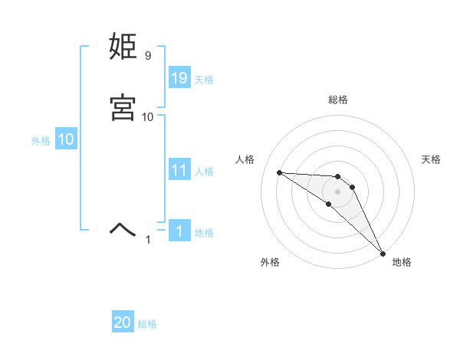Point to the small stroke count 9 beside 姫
pyautogui.click(x=147, y=56)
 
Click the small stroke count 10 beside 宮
pyautogui.click(x=148, y=116)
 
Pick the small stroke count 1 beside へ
pyautogui.click(x=148, y=240)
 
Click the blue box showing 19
pyautogui.click(x=179, y=77)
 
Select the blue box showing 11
pyautogui.click(x=179, y=170)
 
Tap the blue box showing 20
pyautogui.click(x=123, y=322)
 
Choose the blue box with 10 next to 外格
pyautogui.click(x=65, y=139)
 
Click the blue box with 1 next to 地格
pyautogui.click(x=179, y=231)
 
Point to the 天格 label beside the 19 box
pyautogui.click(x=204, y=79)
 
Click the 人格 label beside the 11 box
pyautogui.click(x=204, y=172)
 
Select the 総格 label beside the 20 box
pyautogui.click(x=147, y=324)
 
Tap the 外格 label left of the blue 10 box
pyautogui.click(x=41, y=141)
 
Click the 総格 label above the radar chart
pyautogui.click(x=337, y=100)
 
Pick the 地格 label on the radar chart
pyautogui.click(x=402, y=262)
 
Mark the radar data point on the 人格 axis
pyautogui.click(x=279, y=172)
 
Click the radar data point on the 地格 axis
pyautogui.click(x=383, y=254)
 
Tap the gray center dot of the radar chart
pyautogui.click(x=337, y=191)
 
